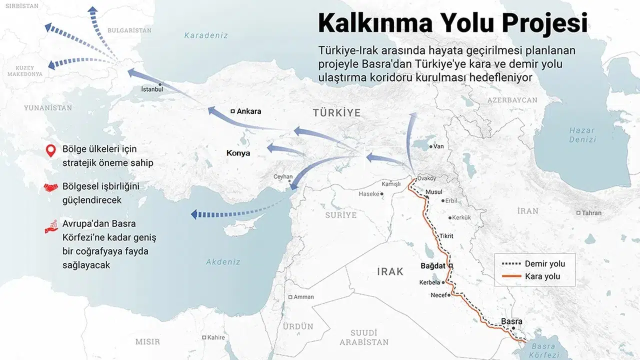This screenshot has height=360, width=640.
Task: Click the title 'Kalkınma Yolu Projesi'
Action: [x=452, y=23]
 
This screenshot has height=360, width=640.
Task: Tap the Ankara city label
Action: [x=248, y=111]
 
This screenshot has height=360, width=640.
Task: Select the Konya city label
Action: [x=238, y=153]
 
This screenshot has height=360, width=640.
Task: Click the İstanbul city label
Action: [x=152, y=89]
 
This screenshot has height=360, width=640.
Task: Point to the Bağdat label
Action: [x=432, y=266]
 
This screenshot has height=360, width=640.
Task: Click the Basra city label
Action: [x=511, y=321]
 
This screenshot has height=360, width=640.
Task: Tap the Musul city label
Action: [x=433, y=192]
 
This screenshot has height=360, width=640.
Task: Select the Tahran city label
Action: [x=591, y=213]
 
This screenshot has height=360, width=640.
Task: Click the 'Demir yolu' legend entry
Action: [x=544, y=263]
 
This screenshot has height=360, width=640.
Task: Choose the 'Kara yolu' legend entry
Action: [x=542, y=276]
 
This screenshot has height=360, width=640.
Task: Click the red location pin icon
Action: [x=50, y=150]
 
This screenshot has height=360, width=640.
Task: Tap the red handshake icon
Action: [x=50, y=188]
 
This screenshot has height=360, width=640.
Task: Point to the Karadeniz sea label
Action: [x=206, y=35]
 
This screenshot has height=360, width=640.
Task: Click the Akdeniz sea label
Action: [x=223, y=261]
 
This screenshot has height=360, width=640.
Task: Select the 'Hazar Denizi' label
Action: [x=582, y=135]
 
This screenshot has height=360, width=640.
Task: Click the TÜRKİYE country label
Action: [x=336, y=113]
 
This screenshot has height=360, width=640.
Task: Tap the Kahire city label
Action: [x=216, y=337]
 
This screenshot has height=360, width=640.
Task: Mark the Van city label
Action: [x=438, y=146]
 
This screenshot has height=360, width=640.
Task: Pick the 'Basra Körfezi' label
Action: [x=543, y=350]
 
